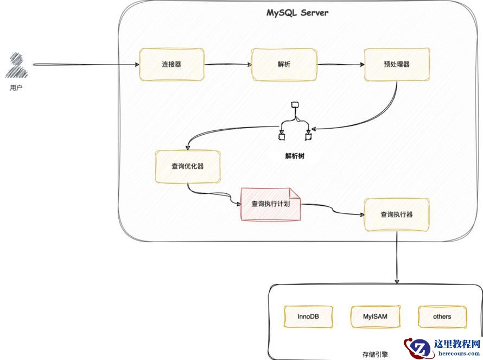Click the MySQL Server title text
(297, 12)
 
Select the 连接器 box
(171, 65)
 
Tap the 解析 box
(284, 65)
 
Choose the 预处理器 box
(396, 65)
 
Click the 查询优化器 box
(188, 166)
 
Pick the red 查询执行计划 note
(271, 204)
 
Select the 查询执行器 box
(397, 214)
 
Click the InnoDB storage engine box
(308, 317)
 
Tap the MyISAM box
(376, 317)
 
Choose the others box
(442, 317)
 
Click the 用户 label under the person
(16, 87)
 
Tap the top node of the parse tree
(295, 104)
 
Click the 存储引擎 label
(376, 353)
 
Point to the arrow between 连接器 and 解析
(228, 65)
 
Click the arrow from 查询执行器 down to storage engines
(397, 258)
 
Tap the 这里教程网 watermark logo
(443, 347)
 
